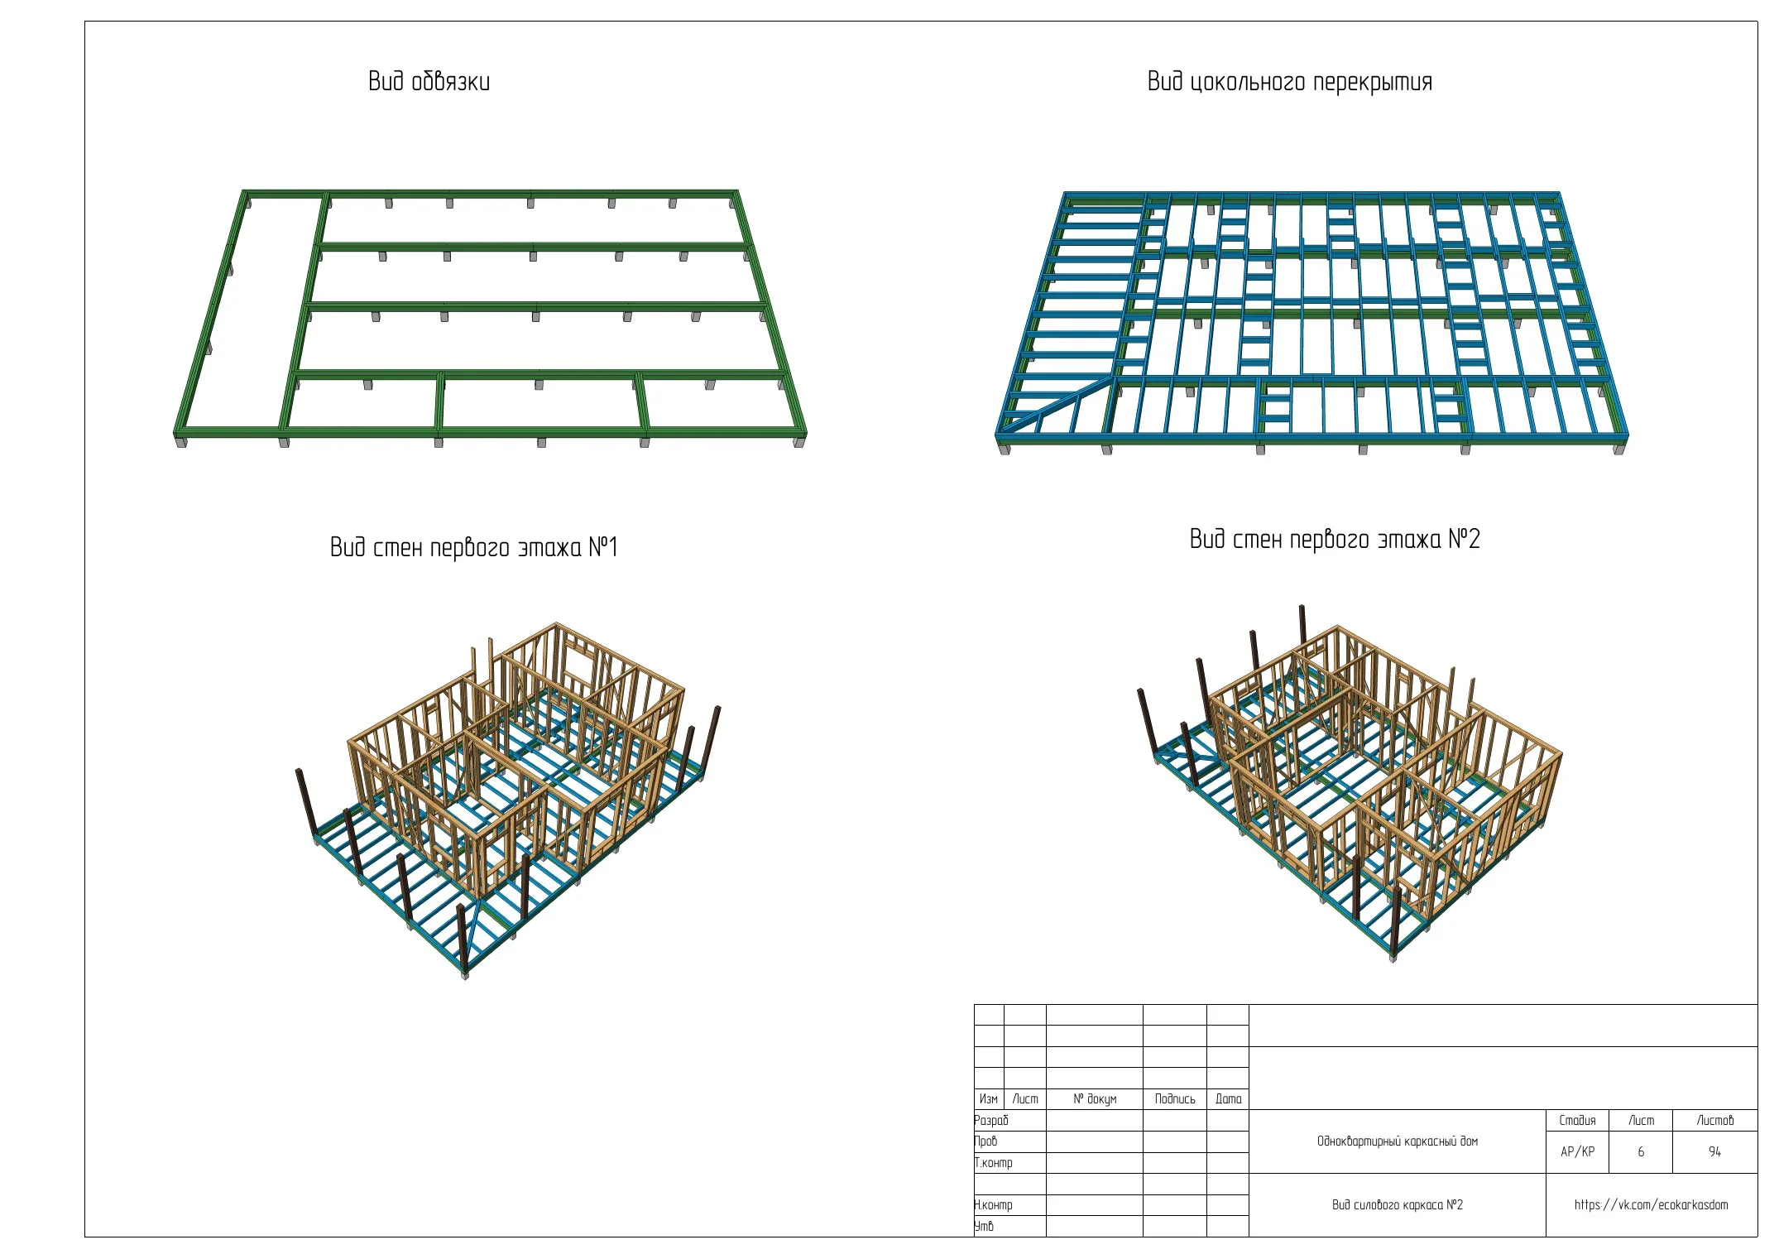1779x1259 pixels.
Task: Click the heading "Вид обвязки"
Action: coord(429,81)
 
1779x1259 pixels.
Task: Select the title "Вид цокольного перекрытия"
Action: coord(1289,82)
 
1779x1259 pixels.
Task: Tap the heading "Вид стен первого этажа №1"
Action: coord(473,547)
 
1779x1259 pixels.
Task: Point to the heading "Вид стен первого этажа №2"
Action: coord(1334,539)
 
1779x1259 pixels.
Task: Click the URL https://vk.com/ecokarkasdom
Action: coord(1651,1204)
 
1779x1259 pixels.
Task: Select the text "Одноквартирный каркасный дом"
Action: coord(1397,1141)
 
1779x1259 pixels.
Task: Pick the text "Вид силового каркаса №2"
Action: coord(1397,1204)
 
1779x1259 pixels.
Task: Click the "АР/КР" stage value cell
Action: coord(1577,1151)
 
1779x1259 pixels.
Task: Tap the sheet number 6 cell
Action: coord(1641,1151)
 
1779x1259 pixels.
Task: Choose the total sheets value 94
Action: coord(1714,1151)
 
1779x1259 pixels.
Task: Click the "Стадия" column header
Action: coord(1577,1120)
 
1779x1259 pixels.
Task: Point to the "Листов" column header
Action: coord(1714,1120)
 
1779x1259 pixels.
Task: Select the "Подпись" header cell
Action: coord(1175,1098)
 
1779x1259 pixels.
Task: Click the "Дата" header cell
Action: coord(1228,1098)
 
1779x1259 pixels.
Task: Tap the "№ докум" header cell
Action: coord(1095,1098)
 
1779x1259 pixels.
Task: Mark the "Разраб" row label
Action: coord(991,1120)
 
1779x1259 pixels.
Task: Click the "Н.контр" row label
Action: coord(993,1204)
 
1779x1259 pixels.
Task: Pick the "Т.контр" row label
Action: coord(993,1162)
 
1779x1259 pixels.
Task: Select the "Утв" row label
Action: coord(984,1226)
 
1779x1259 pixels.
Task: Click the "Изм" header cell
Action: coord(989,1098)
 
